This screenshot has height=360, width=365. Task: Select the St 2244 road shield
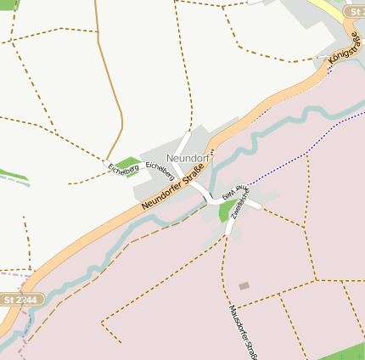[x=20, y=300]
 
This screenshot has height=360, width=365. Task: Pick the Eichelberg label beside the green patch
[x=122, y=172]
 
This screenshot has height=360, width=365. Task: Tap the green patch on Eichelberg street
[x=126, y=163]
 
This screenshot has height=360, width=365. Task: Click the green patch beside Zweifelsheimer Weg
[x=228, y=210]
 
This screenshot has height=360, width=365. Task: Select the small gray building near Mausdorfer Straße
[x=244, y=286]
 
